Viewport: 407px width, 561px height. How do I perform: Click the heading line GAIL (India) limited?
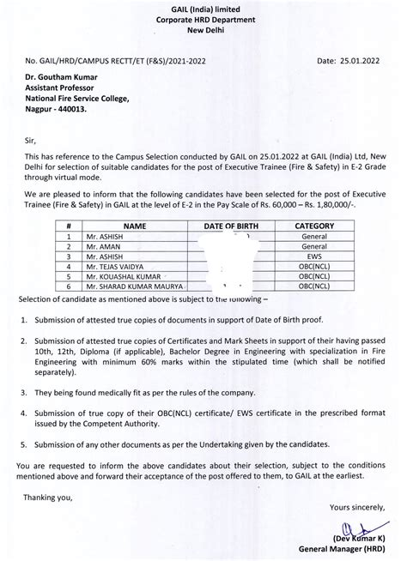tap(203, 8)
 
